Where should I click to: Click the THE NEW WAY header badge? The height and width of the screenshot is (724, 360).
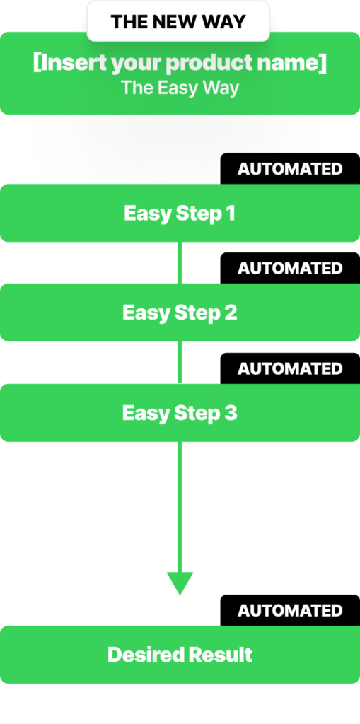click(x=178, y=21)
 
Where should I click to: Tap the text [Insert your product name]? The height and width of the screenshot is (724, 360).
click(x=180, y=63)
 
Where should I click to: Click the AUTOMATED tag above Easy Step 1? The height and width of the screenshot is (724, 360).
click(x=290, y=169)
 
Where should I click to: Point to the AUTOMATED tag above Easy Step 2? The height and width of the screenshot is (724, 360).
click(x=290, y=268)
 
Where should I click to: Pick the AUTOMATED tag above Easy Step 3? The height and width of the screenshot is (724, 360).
click(x=290, y=368)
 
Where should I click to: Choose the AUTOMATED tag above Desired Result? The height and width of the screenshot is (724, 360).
click(x=290, y=610)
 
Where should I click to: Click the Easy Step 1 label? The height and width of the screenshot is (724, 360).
click(x=180, y=214)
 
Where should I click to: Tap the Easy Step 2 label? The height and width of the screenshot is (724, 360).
click(x=180, y=313)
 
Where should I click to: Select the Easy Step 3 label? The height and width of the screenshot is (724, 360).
click(x=180, y=413)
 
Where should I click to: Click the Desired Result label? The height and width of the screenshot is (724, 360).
click(x=180, y=655)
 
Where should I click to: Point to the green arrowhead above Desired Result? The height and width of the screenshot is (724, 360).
click(x=180, y=583)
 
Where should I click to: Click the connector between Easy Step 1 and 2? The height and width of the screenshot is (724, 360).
click(x=180, y=263)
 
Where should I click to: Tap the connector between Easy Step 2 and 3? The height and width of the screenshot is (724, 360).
click(x=180, y=363)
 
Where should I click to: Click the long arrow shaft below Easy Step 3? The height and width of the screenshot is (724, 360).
click(x=180, y=507)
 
